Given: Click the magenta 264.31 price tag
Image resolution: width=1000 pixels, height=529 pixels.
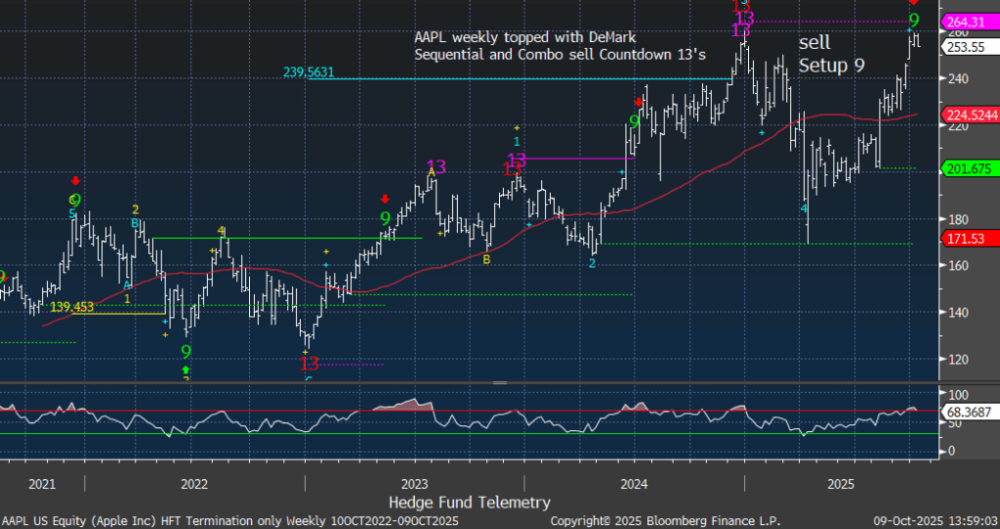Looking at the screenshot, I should pos(968,21).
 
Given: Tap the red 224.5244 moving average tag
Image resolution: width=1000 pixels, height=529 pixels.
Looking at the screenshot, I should pos(970,114).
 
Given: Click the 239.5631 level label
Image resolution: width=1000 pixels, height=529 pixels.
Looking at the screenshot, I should pos(314,71).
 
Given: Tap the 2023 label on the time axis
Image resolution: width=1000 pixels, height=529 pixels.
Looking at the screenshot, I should pos(414,484).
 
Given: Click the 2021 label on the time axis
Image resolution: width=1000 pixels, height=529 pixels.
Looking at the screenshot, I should pos(42,484).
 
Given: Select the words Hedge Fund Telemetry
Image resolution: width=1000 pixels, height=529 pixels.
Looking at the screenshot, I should pos(469,503).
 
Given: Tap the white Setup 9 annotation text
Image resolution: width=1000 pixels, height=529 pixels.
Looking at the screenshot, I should pos(832,66).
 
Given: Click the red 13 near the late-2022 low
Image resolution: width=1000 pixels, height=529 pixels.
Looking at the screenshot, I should pos(310,363).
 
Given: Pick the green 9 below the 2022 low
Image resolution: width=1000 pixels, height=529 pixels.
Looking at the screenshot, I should pos(186,351).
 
